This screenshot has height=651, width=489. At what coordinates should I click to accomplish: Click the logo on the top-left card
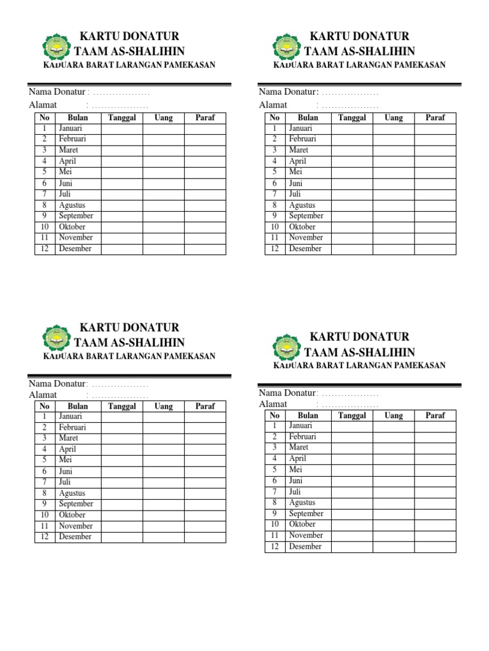(x=56, y=46)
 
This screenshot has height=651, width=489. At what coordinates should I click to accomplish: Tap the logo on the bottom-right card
(x=287, y=346)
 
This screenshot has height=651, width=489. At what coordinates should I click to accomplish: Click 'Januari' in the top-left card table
(x=70, y=128)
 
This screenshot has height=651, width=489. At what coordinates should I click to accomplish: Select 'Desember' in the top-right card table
(x=306, y=249)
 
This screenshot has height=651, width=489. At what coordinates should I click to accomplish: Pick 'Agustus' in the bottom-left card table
(x=72, y=493)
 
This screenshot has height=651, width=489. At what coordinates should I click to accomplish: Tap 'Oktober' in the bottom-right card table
(x=302, y=524)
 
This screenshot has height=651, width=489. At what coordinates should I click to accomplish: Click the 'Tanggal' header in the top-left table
(x=122, y=118)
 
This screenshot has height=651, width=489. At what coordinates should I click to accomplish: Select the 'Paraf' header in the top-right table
(x=436, y=118)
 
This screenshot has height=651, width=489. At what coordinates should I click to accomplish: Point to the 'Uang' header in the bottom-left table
(x=164, y=406)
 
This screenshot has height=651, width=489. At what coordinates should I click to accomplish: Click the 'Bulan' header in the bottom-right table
(x=308, y=415)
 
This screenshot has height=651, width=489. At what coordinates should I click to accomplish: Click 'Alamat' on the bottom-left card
(x=43, y=395)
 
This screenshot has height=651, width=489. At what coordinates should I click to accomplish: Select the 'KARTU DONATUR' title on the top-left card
(x=129, y=36)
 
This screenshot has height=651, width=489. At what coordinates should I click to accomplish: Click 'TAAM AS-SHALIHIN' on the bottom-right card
(x=360, y=352)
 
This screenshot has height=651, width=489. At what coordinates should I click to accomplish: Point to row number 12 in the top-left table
(x=45, y=249)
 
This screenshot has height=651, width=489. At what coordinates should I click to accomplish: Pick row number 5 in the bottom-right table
(x=274, y=469)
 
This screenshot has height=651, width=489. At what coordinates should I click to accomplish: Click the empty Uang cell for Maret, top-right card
(x=393, y=150)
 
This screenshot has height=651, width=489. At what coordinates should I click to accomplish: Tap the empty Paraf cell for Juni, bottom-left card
(x=205, y=471)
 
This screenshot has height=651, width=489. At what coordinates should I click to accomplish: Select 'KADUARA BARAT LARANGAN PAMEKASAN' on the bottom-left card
(x=129, y=356)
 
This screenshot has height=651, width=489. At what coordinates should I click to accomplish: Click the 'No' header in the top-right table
(x=274, y=118)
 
